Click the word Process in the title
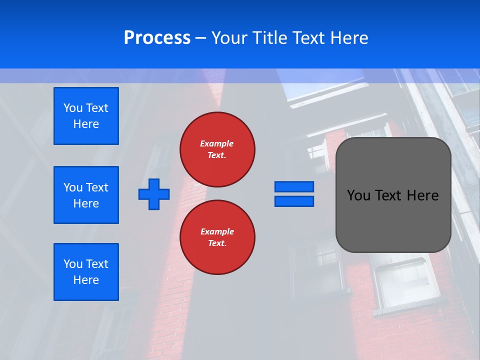[x=157, y=38]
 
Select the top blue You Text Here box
[x=86, y=116]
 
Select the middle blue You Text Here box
[x=86, y=195]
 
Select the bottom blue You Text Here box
[x=86, y=272]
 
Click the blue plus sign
[x=154, y=194]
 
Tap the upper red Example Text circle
[x=217, y=149]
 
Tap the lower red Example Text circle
[x=217, y=237]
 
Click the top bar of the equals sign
[x=294, y=186]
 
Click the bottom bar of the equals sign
[x=294, y=201]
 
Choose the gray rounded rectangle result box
[x=393, y=220]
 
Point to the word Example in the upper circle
[x=216, y=143]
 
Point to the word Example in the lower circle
[x=217, y=231]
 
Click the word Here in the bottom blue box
[x=86, y=280]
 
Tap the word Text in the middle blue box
[x=97, y=187]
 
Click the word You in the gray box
[x=358, y=195]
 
